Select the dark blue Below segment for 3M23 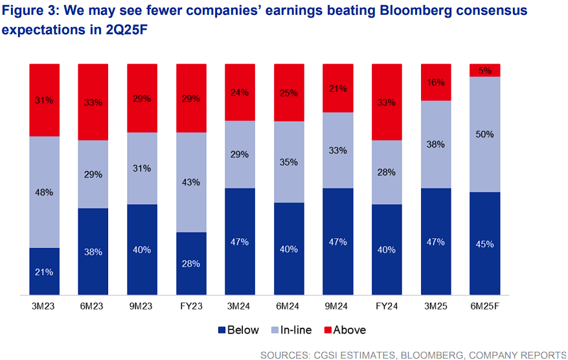point(44,272)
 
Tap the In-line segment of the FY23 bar point(191,182)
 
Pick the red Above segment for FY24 point(387,102)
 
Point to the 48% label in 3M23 point(44,192)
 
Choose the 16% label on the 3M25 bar point(436,82)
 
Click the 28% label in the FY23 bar point(191,264)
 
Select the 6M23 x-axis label point(93,306)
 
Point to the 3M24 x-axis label point(240,306)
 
